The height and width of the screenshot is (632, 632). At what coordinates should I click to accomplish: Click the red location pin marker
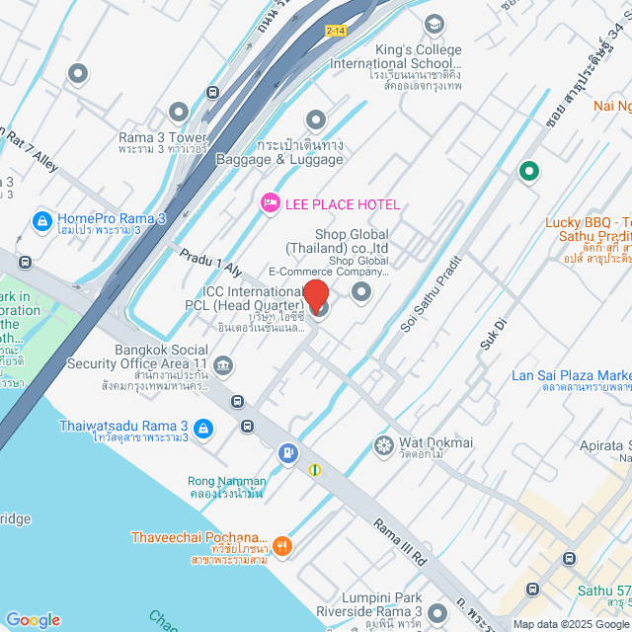click(316, 296)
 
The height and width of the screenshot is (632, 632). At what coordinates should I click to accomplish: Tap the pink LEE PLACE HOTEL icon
click(268, 203)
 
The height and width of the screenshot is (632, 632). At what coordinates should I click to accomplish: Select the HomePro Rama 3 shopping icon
click(41, 219)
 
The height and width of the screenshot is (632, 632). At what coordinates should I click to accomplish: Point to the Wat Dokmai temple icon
click(383, 445)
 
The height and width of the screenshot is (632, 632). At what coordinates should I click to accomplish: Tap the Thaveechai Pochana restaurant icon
click(282, 545)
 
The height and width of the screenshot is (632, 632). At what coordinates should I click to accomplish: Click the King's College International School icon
click(434, 23)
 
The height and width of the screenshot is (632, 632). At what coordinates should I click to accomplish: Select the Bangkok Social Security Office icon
click(223, 367)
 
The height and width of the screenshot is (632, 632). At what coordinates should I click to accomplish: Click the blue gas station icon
click(287, 453)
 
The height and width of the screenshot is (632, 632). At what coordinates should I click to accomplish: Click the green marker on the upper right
click(528, 172)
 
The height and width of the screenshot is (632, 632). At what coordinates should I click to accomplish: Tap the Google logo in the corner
click(33, 619)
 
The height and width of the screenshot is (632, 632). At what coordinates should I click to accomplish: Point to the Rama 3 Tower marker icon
click(179, 113)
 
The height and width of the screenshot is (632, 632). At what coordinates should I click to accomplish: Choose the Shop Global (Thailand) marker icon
click(361, 291)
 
